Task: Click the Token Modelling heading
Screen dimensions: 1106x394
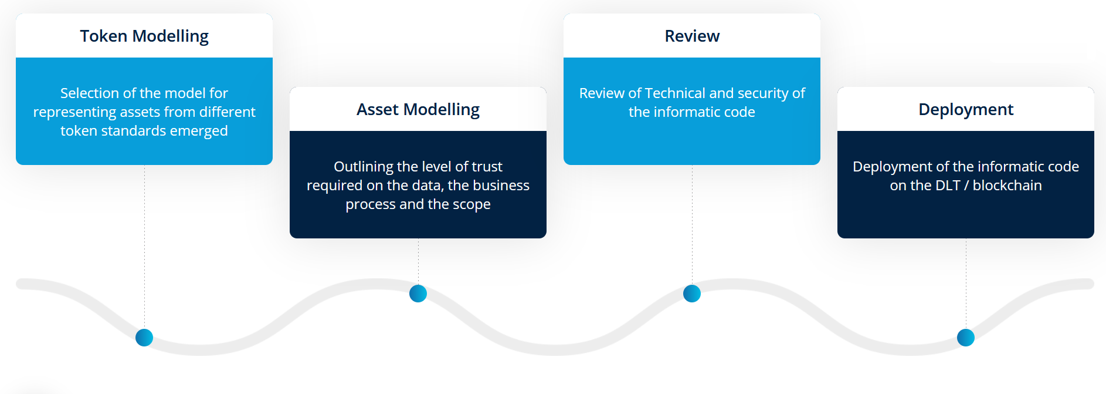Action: click(x=144, y=36)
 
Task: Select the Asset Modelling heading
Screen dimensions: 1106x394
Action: click(x=418, y=110)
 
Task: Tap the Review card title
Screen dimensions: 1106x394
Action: click(x=692, y=36)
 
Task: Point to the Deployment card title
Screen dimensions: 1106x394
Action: click(x=966, y=110)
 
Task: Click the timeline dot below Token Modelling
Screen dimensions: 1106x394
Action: click(x=144, y=338)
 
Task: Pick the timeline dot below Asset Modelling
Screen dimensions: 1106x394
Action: click(x=418, y=294)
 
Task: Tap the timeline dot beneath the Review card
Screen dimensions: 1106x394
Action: click(x=692, y=294)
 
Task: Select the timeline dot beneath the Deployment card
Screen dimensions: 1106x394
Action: click(x=966, y=338)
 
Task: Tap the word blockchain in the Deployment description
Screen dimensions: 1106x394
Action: click(x=1007, y=186)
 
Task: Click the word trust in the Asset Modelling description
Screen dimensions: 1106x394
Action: click(x=487, y=167)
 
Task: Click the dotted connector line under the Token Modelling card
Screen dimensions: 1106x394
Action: click(x=144, y=247)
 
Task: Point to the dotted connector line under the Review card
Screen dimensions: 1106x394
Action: click(x=692, y=225)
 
